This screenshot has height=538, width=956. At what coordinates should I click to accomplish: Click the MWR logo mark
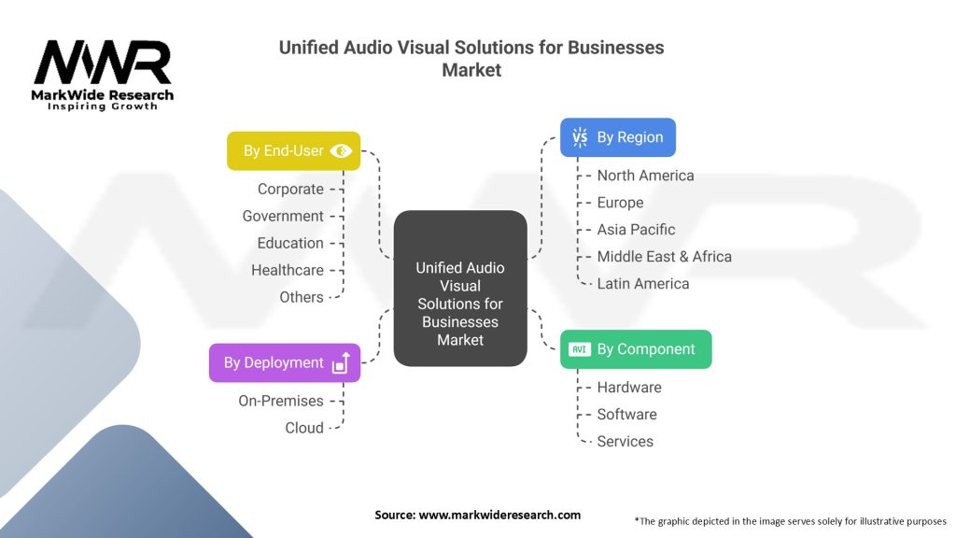coord(103,64)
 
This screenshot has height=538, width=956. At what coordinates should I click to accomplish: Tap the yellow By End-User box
coord(293,150)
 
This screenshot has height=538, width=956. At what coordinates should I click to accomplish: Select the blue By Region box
coord(617,137)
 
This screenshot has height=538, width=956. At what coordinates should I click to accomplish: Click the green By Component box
coord(635,349)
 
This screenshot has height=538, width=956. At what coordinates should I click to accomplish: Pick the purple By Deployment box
coord(284,362)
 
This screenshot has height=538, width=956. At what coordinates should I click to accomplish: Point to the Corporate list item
coord(290,189)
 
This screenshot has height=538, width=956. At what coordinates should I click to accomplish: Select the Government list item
coord(283,216)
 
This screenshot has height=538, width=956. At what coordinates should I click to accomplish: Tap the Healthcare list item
coord(288,270)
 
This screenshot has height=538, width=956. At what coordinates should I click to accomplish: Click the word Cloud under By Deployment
coord(304,428)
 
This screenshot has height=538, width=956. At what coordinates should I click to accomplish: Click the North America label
coord(645,176)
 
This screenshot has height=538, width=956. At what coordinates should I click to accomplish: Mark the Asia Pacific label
coord(636,230)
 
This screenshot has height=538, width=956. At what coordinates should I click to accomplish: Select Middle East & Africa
coord(664,257)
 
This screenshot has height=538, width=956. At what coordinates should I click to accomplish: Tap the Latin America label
coord(643,284)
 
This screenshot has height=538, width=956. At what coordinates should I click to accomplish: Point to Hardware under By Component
coord(629,388)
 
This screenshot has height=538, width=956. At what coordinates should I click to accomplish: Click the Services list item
coord(625,442)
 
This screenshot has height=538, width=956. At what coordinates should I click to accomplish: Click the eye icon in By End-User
coord(341,150)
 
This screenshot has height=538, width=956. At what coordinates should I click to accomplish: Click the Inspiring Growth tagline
coord(103,106)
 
